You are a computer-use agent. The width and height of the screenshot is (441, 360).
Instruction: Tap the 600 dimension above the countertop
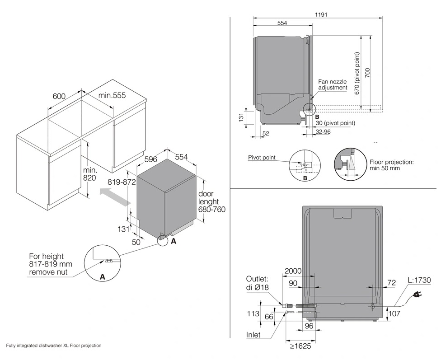[59, 96]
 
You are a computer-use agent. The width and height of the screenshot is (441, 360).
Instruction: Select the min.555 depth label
[112, 96]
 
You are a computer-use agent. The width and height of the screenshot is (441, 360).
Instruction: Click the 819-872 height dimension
[122, 182]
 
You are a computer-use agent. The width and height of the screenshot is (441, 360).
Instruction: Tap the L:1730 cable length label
[419, 281]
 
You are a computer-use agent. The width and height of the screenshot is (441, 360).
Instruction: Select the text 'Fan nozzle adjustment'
[333, 84]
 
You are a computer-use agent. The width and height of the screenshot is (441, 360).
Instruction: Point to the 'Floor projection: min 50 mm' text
[391, 164]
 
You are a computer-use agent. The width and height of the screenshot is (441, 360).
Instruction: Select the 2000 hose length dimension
[293, 271]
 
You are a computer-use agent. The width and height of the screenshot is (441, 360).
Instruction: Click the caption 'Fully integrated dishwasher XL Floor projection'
[54, 346]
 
